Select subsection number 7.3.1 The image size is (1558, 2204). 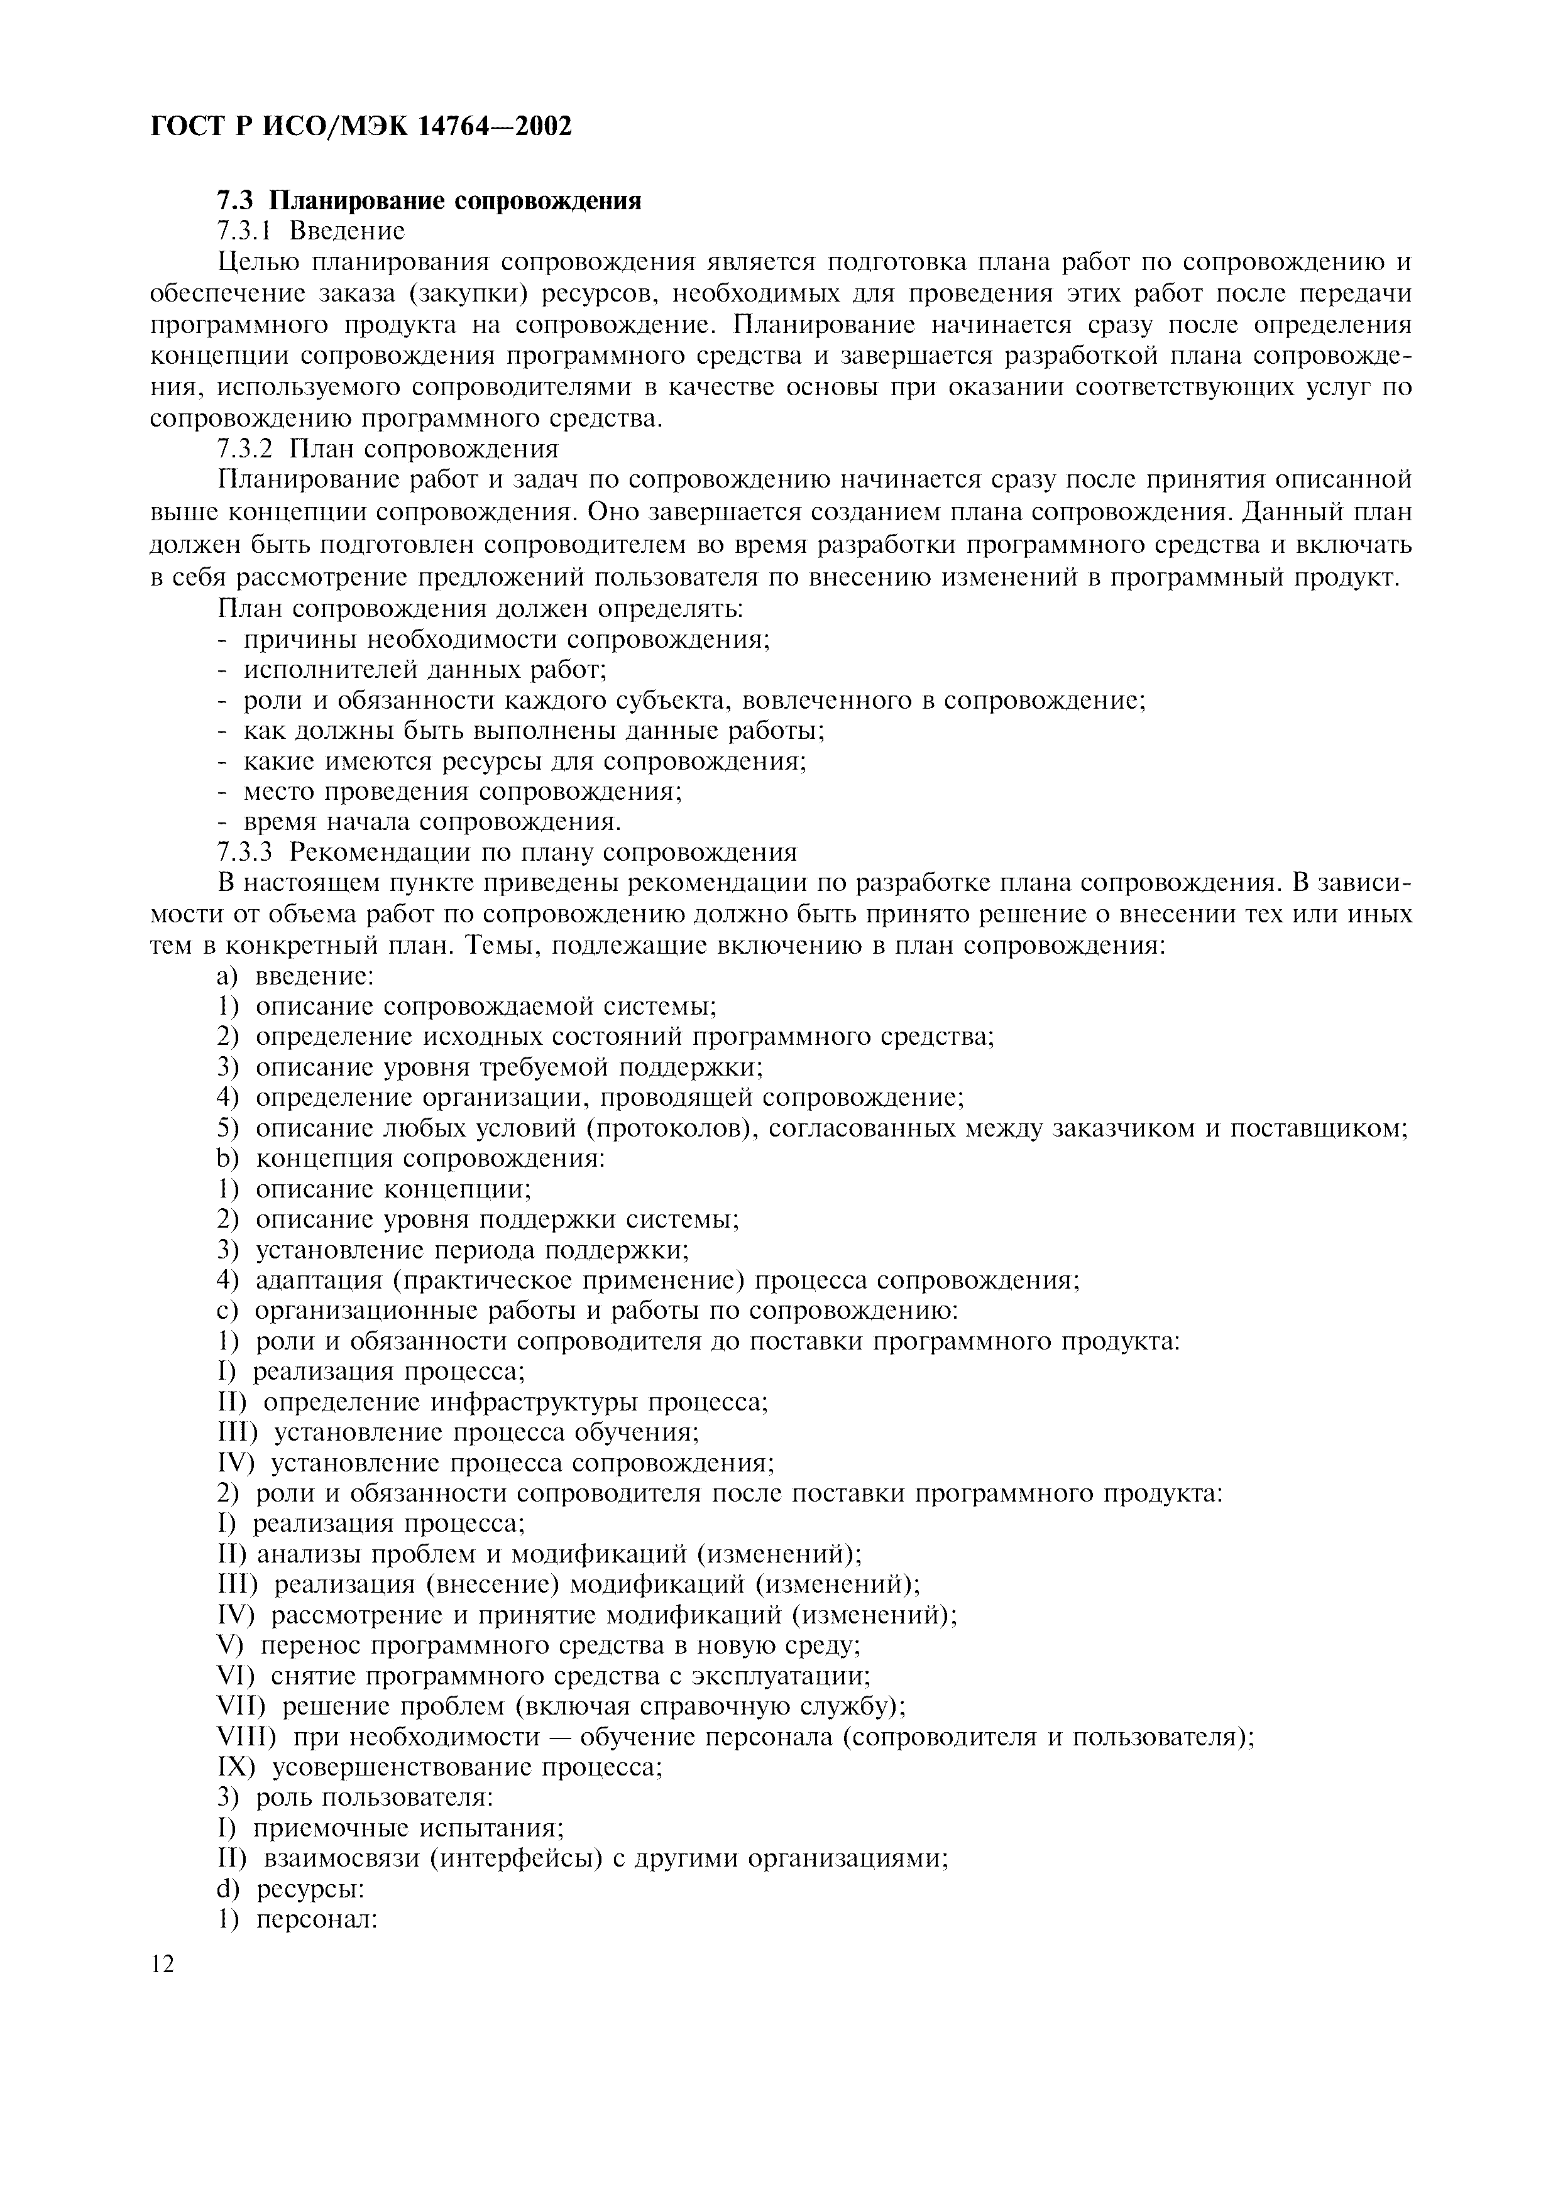pos(244,231)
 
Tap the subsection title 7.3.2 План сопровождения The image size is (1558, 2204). pos(388,449)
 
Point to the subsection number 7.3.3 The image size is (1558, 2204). pos(244,853)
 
